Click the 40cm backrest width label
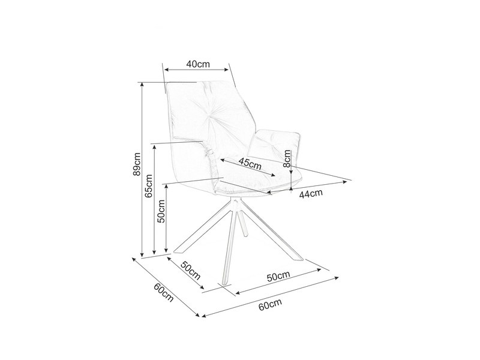point(198,64)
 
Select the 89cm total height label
point(137,164)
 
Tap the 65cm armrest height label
point(148,186)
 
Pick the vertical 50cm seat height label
point(161,211)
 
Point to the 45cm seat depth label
point(250,164)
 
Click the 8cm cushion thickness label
point(287,158)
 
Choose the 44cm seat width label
point(311,194)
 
